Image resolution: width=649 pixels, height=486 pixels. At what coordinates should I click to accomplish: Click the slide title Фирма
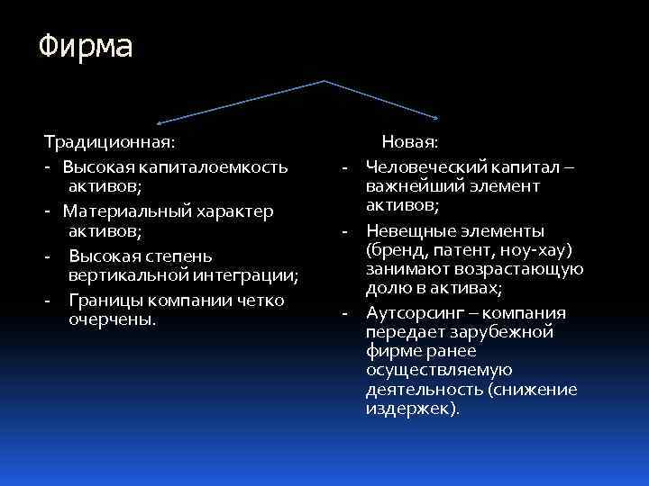click(x=86, y=47)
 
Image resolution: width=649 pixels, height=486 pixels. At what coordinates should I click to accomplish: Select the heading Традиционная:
click(x=109, y=142)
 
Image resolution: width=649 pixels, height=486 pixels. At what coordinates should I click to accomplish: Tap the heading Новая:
click(x=410, y=142)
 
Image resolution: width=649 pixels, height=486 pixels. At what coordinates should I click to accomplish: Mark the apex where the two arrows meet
click(x=324, y=81)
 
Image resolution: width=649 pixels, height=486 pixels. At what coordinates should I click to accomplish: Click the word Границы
click(x=102, y=300)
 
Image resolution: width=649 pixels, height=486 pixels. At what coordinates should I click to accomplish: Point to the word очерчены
click(x=109, y=319)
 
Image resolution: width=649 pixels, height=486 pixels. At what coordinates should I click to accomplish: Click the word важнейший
click(x=413, y=185)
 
